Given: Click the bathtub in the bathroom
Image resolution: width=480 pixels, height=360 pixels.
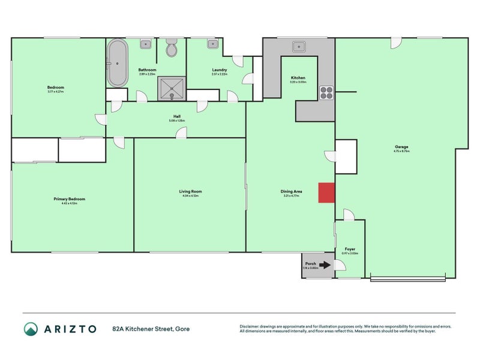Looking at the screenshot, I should click(116, 63).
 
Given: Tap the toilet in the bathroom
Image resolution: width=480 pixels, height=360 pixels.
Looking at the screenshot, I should click(172, 49).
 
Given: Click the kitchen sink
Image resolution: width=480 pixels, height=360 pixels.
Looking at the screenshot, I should click(298, 46).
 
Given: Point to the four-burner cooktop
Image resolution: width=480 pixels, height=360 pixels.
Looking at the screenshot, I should click(326, 92).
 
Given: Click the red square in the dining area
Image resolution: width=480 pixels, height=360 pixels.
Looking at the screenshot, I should click(326, 193).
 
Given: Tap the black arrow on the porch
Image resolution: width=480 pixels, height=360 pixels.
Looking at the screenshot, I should click(325, 265).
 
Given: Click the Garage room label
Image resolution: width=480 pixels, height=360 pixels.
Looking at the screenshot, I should click(401, 147).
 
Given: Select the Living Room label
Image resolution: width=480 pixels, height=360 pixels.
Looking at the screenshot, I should click(190, 191).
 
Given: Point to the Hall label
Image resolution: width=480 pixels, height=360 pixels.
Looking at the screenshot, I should click(177, 116).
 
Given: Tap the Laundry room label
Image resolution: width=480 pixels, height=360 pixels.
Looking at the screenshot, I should click(219, 70).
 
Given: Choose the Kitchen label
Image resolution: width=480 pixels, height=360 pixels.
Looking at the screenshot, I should click(298, 78).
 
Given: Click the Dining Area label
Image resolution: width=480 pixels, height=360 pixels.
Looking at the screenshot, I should click(292, 191).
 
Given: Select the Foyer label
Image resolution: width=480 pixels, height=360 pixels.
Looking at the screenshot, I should click(349, 248).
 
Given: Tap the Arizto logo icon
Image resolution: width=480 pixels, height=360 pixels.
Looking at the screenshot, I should click(31, 329).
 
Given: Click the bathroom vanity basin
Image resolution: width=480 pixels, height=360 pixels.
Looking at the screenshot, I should click(146, 44).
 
